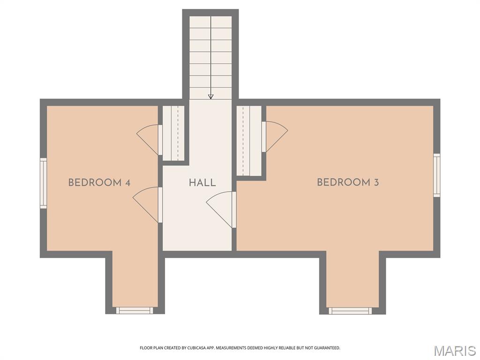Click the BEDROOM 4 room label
(x=99, y=183)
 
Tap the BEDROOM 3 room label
(x=347, y=183)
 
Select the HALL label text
(x=202, y=183)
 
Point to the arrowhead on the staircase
(x=210, y=97)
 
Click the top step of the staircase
(x=210, y=22)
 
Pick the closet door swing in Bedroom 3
(x=275, y=135)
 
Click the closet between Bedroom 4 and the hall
(x=173, y=133)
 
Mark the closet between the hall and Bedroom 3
(x=249, y=141)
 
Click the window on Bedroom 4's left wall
(x=43, y=183)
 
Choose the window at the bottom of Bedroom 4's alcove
(x=135, y=310)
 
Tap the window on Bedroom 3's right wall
(x=437, y=175)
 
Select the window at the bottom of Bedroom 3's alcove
(x=350, y=311)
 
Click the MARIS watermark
(x=455, y=350)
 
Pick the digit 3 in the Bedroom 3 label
(x=376, y=183)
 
